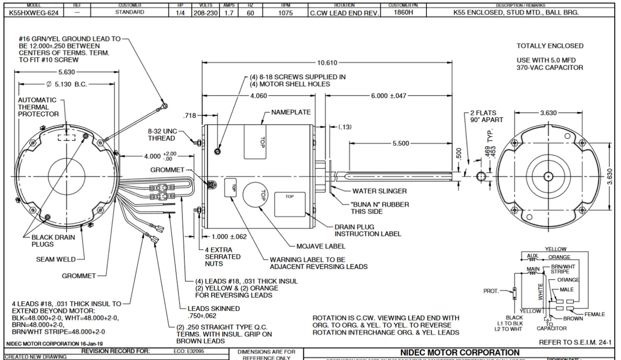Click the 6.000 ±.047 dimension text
pos(389,96)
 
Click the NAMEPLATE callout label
pos(291,112)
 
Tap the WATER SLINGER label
pos(379,191)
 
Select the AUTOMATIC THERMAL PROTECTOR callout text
pos(38,107)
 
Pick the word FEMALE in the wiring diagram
pos(594,314)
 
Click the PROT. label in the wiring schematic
pos(491,291)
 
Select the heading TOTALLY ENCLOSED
pos(550,46)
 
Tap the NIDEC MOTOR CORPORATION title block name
pos(459,352)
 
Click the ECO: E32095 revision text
pos(188,350)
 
